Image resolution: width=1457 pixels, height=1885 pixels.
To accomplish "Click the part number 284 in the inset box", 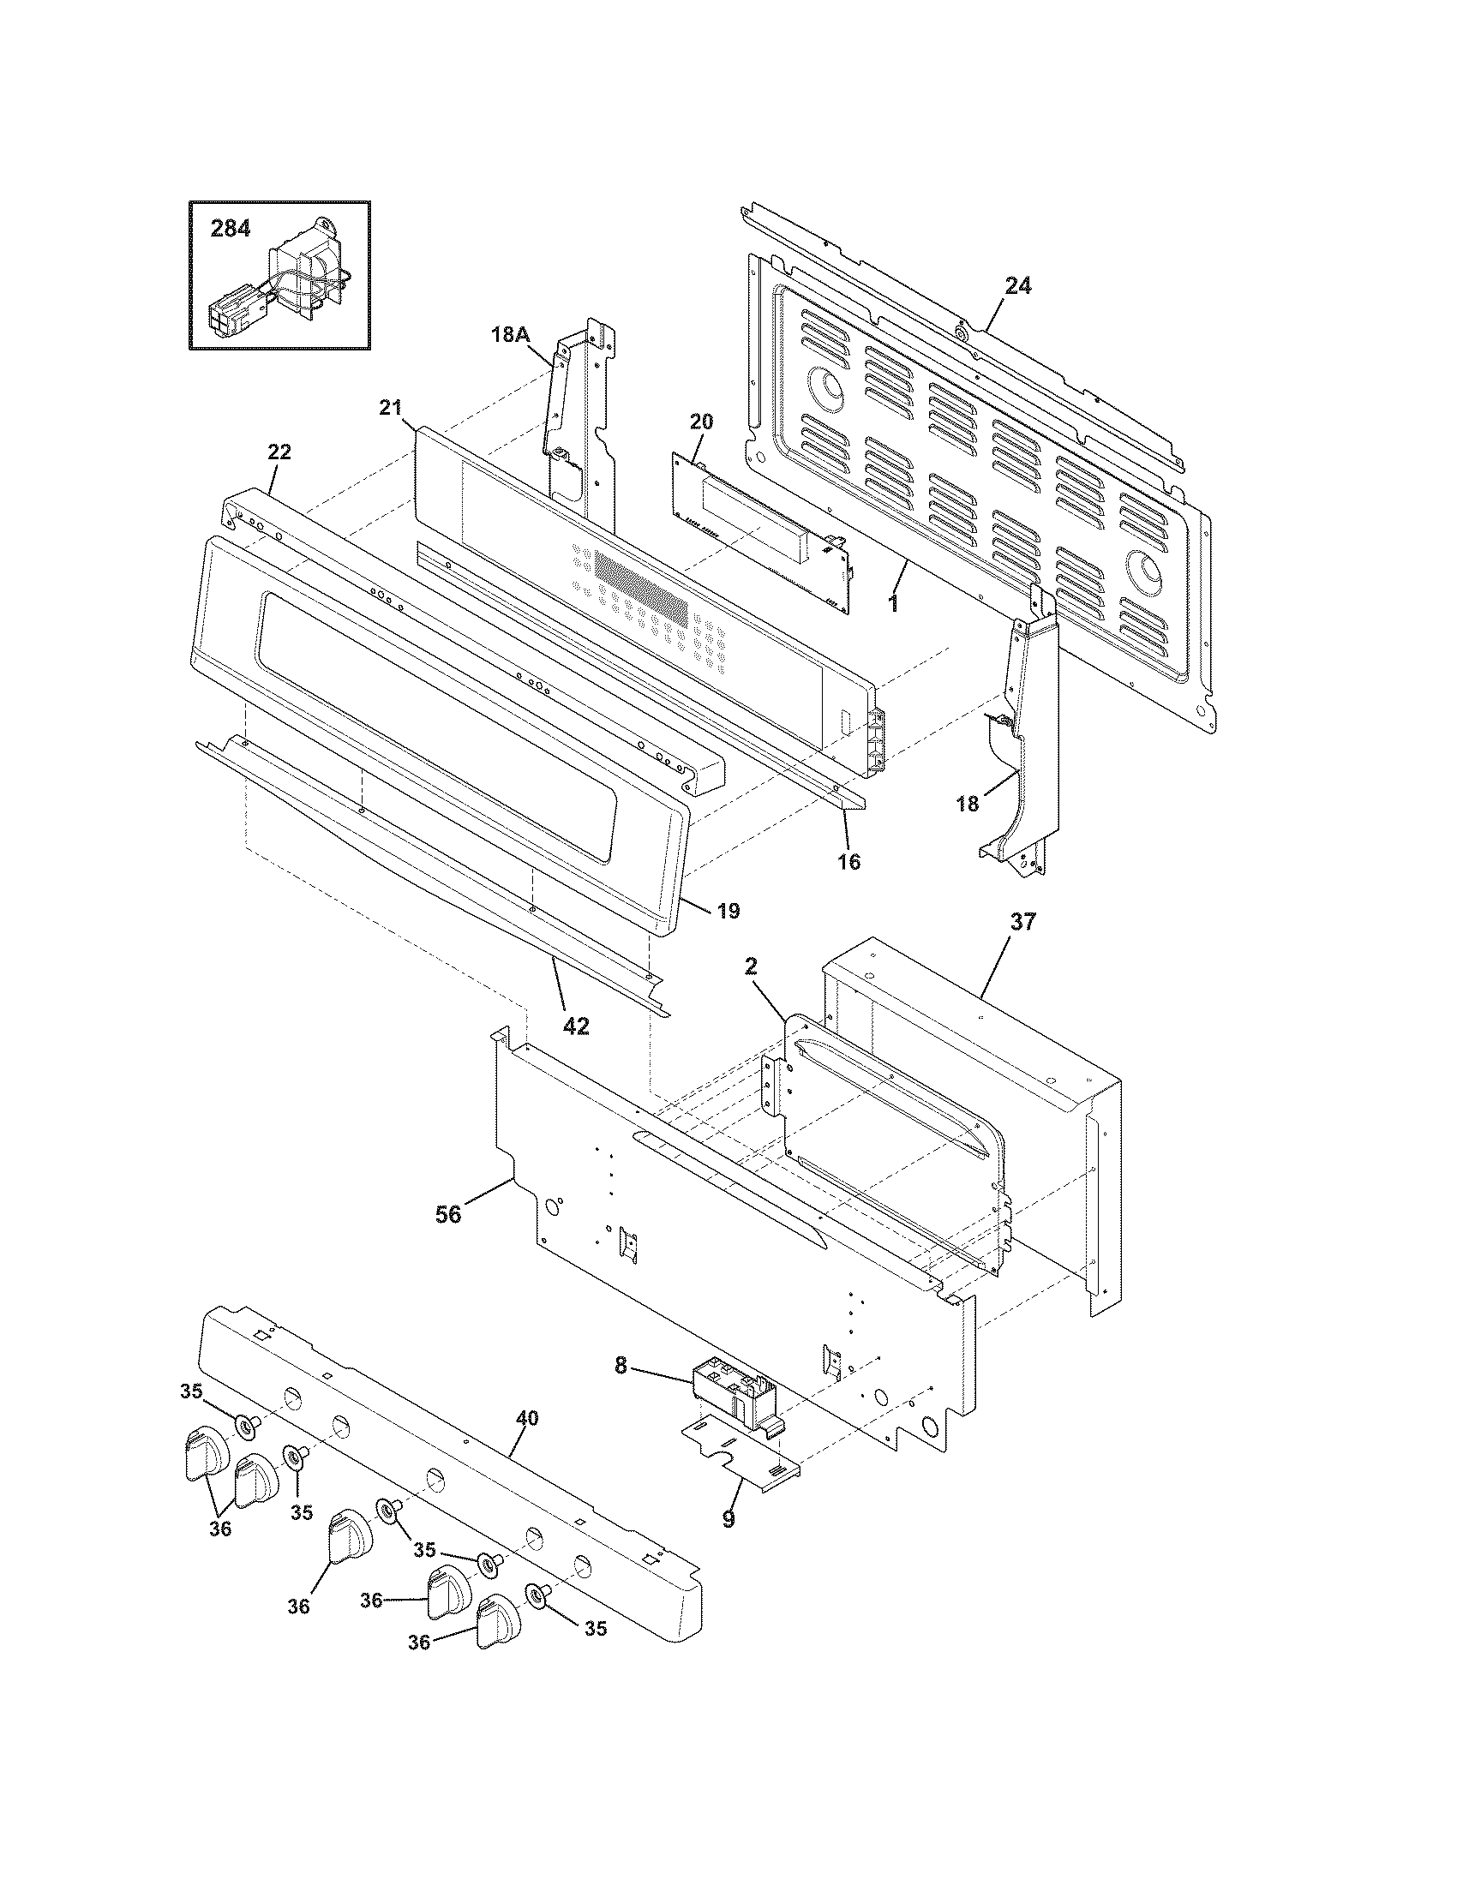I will click(231, 229).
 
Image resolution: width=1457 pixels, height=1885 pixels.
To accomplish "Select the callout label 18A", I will click(510, 335).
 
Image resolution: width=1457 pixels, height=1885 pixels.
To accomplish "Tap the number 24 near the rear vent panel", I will click(1017, 285).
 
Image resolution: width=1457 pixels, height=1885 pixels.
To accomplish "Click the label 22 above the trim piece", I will click(279, 452).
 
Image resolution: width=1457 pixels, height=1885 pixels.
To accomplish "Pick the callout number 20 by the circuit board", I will click(701, 422).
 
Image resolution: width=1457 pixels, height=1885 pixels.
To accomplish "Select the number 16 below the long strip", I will click(849, 861).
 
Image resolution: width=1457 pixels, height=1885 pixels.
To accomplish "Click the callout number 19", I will click(728, 911).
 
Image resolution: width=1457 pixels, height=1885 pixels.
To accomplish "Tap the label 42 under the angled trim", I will click(576, 1026).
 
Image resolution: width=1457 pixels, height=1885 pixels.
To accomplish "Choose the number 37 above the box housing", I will click(1022, 922).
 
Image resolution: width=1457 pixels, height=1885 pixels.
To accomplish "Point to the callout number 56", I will click(448, 1215).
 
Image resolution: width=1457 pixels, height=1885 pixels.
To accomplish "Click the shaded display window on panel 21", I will click(642, 580).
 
